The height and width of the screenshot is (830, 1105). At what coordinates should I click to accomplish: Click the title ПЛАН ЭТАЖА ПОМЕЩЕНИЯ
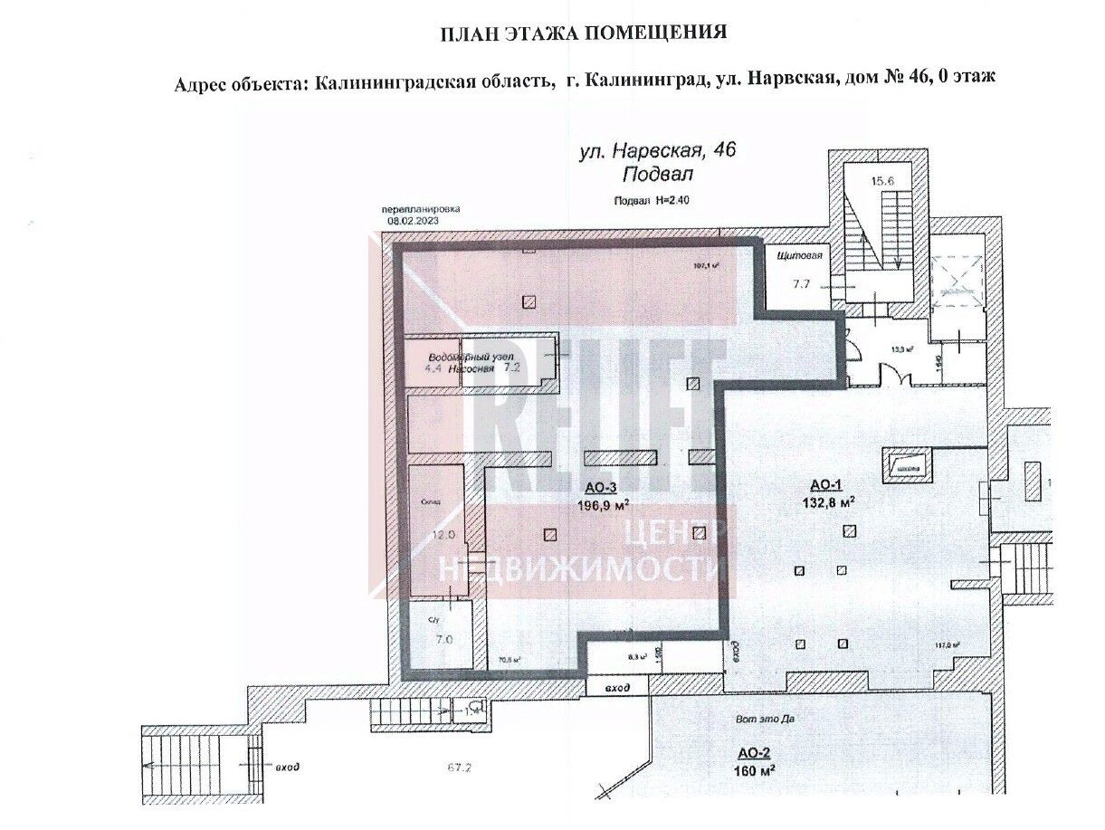pyautogui.click(x=584, y=33)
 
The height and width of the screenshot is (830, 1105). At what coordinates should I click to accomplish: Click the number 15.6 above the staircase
pyautogui.click(x=882, y=181)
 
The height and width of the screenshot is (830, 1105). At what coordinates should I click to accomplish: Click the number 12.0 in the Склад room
pyautogui.click(x=442, y=535)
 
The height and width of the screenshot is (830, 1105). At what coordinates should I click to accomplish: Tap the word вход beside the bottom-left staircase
pyautogui.click(x=287, y=767)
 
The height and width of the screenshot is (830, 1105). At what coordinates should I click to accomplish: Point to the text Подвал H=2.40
pyautogui.click(x=652, y=202)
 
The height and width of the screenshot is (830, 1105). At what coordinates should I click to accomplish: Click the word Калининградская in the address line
pyautogui.click(x=430, y=80)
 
